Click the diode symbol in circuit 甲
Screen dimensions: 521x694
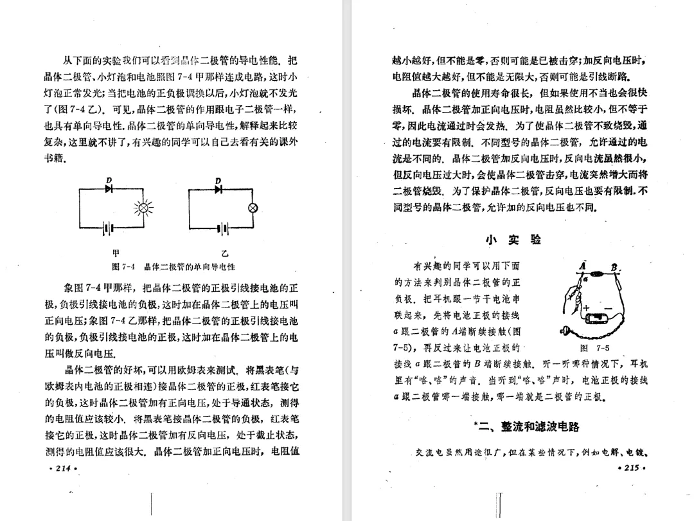(x=108, y=189)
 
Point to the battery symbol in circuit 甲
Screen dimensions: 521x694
(x=109, y=228)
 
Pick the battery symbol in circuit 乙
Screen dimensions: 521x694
(x=221, y=228)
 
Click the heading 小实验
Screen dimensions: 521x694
(x=513, y=240)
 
